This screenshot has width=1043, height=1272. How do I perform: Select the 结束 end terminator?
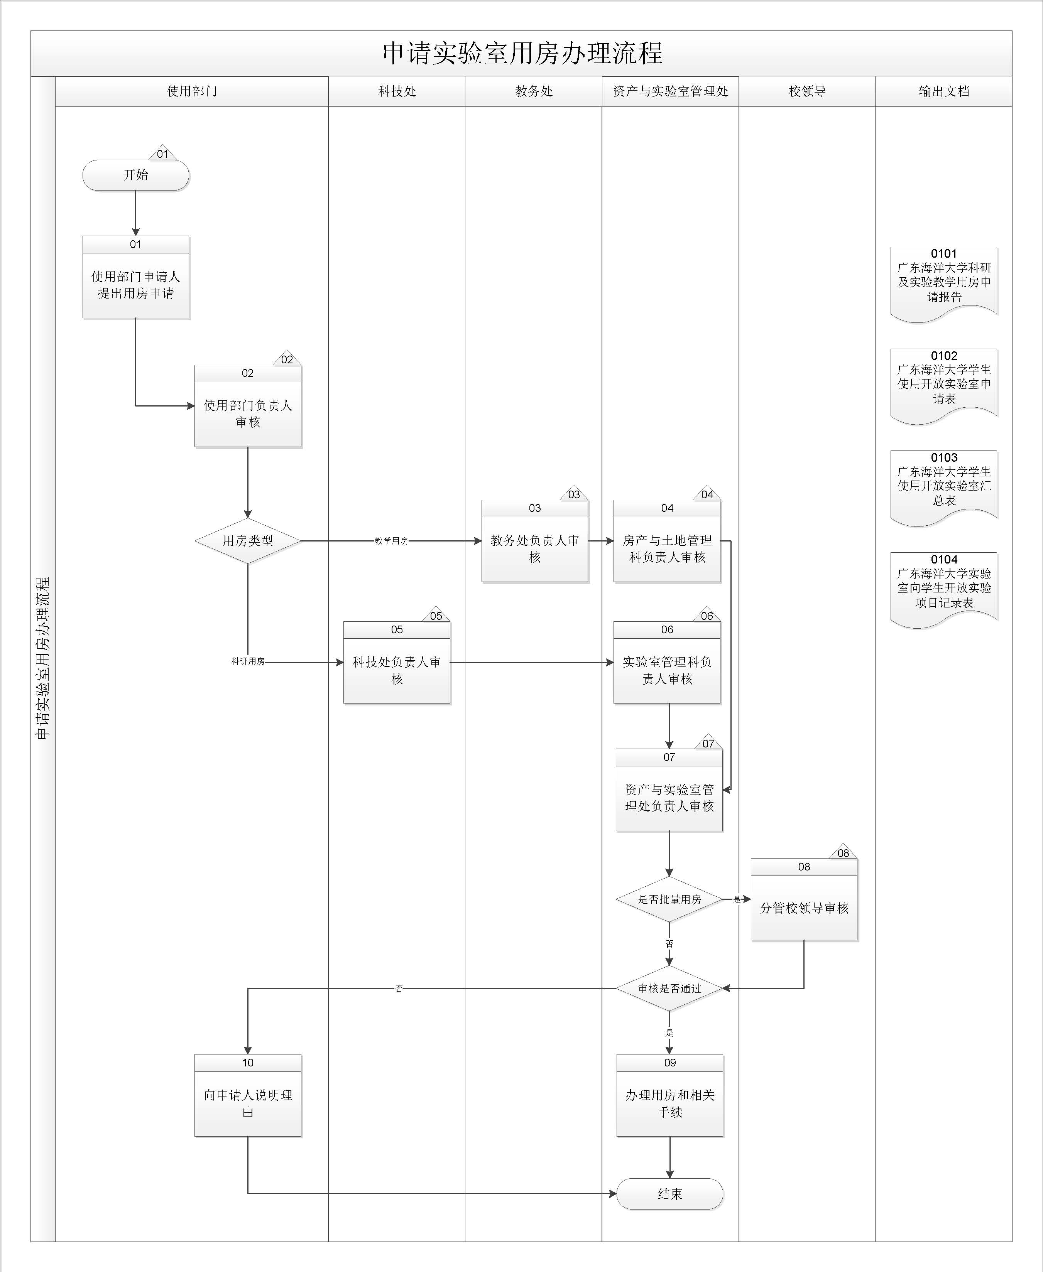point(669,1194)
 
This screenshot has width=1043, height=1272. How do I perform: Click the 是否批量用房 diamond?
point(669,899)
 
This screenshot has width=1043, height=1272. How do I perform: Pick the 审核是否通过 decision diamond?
point(669,988)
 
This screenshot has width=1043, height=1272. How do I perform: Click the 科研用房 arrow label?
point(247,661)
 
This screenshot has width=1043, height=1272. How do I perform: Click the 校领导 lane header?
point(807,91)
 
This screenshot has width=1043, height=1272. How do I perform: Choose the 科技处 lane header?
point(397,91)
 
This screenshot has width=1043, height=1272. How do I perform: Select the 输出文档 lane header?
point(944,91)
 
